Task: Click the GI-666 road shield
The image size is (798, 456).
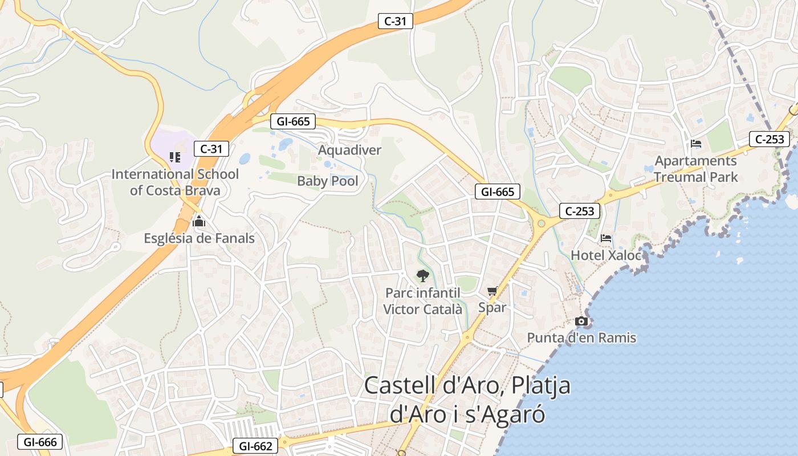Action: click(x=39, y=442)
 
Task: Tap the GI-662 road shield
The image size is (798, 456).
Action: click(x=255, y=446)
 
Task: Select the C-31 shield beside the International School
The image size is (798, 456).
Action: click(x=211, y=149)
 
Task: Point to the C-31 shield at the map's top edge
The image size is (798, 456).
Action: click(x=396, y=22)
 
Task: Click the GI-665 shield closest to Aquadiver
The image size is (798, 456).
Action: click(x=293, y=121)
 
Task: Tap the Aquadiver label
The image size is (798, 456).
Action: click(x=349, y=150)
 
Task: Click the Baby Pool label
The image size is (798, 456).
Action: click(x=328, y=181)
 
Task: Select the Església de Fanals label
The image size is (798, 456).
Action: click(x=199, y=238)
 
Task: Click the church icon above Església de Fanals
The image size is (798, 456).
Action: click(x=199, y=221)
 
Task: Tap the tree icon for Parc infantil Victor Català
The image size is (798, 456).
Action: click(x=422, y=276)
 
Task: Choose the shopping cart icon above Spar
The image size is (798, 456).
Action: click(x=492, y=291)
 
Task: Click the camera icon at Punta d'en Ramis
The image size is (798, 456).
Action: click(x=581, y=321)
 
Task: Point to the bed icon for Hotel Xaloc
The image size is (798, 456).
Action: click(x=606, y=238)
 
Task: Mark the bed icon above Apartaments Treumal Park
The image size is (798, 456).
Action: click(x=695, y=144)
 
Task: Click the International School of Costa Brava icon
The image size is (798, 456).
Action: click(x=175, y=157)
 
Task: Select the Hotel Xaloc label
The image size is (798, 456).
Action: click(x=605, y=255)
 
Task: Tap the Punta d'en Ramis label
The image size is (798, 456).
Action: click(x=581, y=338)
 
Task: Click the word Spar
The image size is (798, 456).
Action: click(x=492, y=308)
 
